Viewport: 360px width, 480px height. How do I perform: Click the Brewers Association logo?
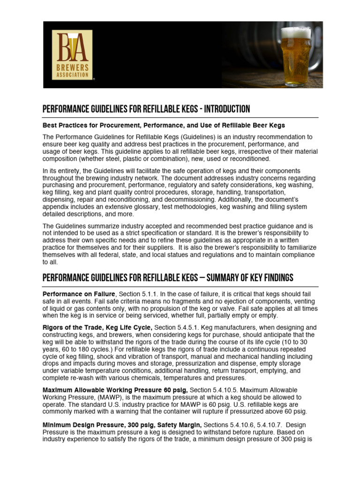(x=72, y=54)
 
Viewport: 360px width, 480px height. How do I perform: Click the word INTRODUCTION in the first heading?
(x=224, y=109)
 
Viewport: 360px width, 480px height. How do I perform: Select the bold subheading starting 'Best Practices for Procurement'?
(x=164, y=126)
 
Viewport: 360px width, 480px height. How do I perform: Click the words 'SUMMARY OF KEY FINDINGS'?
(x=240, y=277)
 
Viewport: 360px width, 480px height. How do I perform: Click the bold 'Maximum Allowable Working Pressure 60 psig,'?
(x=115, y=390)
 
